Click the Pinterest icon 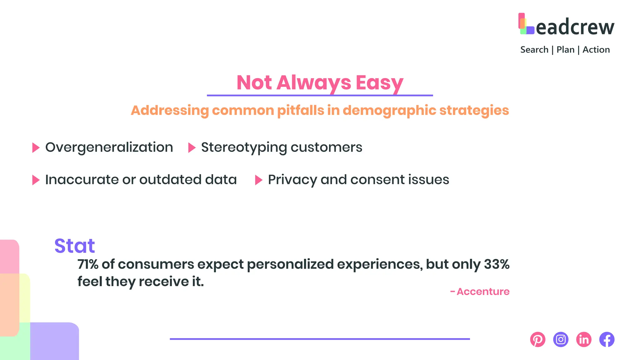[x=537, y=339]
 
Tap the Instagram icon [x=561, y=339]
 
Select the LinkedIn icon [x=584, y=339]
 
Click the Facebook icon [x=607, y=339]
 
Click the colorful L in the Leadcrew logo [x=526, y=24]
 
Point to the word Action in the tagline [x=596, y=50]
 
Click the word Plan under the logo [x=565, y=50]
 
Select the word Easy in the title [x=379, y=82]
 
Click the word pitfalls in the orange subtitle [x=301, y=110]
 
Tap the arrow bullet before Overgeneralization [x=36, y=147]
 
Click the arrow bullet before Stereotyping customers [x=192, y=147]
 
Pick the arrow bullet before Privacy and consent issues [x=258, y=180]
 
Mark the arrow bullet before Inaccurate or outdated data [x=36, y=180]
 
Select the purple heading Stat [x=74, y=246]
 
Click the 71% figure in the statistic [x=88, y=264]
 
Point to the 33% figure [x=497, y=264]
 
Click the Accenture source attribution [x=483, y=292]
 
